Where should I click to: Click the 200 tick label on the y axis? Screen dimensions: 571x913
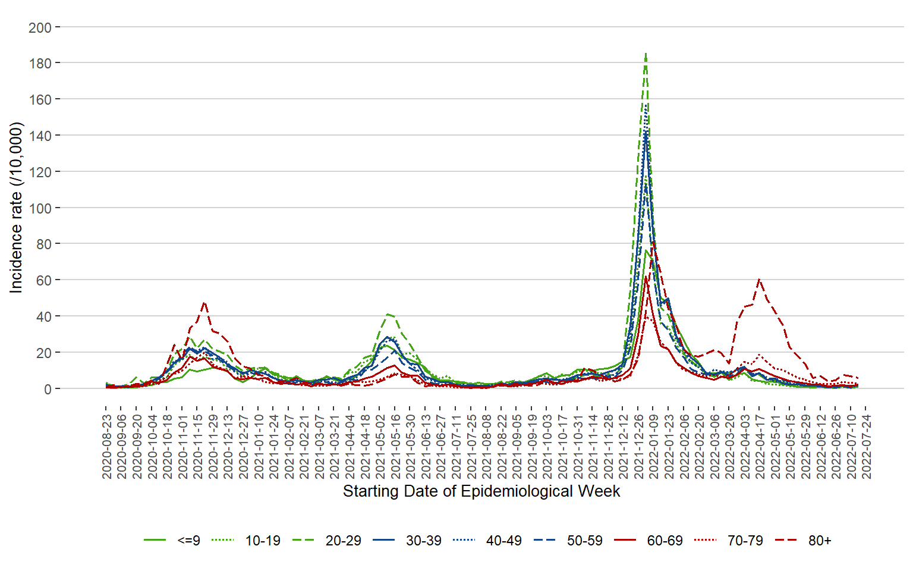[40, 27]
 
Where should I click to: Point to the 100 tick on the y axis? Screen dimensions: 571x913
[40, 208]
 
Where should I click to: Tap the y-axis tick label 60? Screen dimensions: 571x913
[43, 280]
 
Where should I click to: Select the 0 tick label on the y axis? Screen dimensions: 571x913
[48, 389]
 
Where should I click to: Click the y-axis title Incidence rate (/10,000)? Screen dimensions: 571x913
[16, 208]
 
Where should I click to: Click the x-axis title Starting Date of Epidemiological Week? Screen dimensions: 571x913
[481, 491]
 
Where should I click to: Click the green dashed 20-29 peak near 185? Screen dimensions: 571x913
[646, 54]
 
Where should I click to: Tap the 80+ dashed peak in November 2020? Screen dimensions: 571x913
[204, 303]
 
